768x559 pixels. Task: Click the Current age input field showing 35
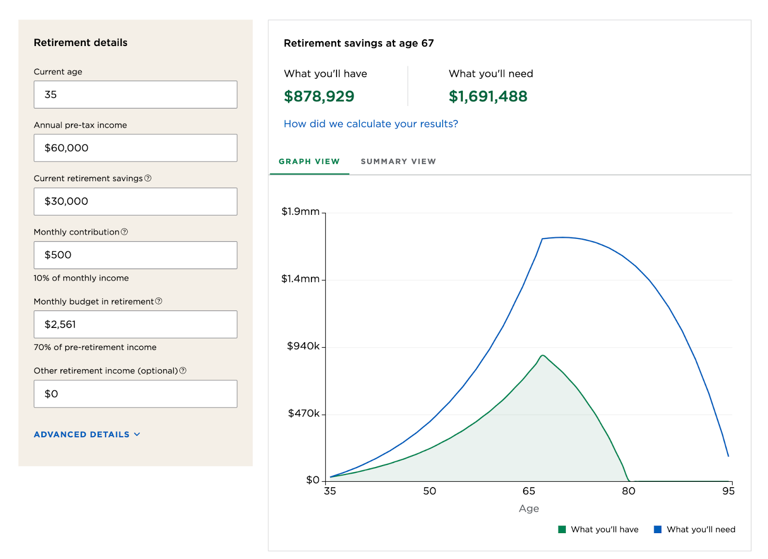point(135,94)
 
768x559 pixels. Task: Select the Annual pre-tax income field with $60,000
point(135,148)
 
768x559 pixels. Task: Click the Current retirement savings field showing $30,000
point(135,201)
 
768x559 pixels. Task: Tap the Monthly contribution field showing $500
point(135,255)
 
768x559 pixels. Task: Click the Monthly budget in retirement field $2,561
point(135,325)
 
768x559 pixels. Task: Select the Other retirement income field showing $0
point(135,394)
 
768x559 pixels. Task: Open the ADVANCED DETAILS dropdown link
point(87,434)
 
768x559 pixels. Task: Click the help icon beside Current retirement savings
point(148,178)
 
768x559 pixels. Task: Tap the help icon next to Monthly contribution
point(124,232)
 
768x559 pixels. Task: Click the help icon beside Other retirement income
point(183,371)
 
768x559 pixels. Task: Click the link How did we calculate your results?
point(371,124)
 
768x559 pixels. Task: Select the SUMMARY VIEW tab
point(398,162)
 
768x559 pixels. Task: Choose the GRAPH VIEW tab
point(309,162)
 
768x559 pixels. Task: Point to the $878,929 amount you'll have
point(319,96)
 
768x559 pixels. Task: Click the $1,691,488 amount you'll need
point(488,96)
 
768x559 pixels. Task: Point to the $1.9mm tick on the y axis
point(300,211)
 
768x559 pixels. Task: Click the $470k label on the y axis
point(303,413)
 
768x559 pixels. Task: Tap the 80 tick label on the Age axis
point(628,491)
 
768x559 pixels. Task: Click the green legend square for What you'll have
point(562,529)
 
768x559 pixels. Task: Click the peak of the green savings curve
point(543,356)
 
